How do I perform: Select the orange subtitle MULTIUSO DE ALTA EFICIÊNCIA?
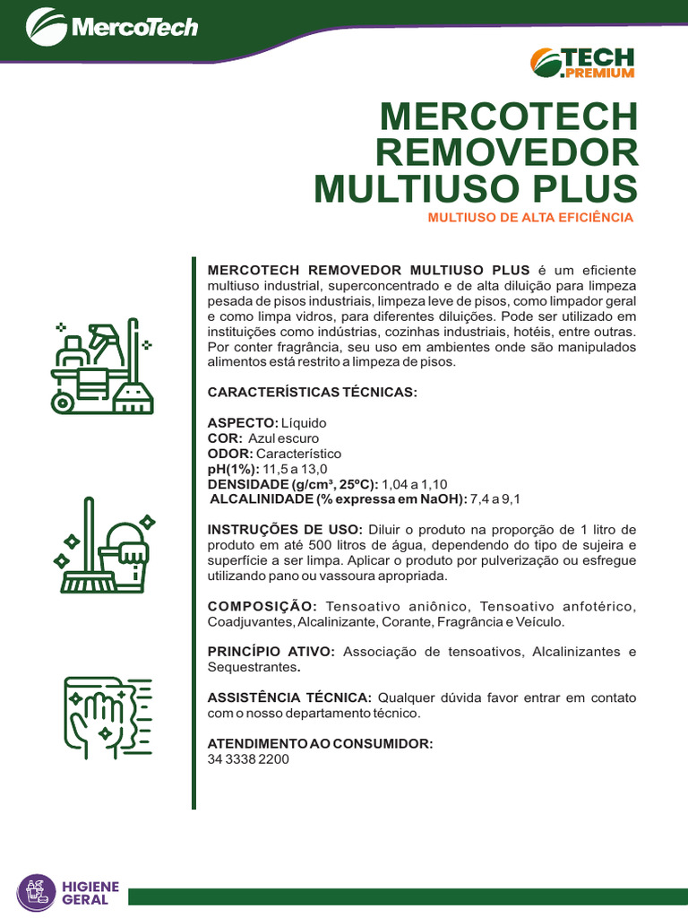[x=530, y=217]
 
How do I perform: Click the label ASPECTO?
[x=242, y=422]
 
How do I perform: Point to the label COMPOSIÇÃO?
[x=262, y=607]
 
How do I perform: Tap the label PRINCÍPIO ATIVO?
[x=271, y=652]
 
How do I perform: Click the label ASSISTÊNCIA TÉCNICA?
[x=289, y=697]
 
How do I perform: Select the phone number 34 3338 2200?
[x=248, y=758]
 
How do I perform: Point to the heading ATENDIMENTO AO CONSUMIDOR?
[x=321, y=743]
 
